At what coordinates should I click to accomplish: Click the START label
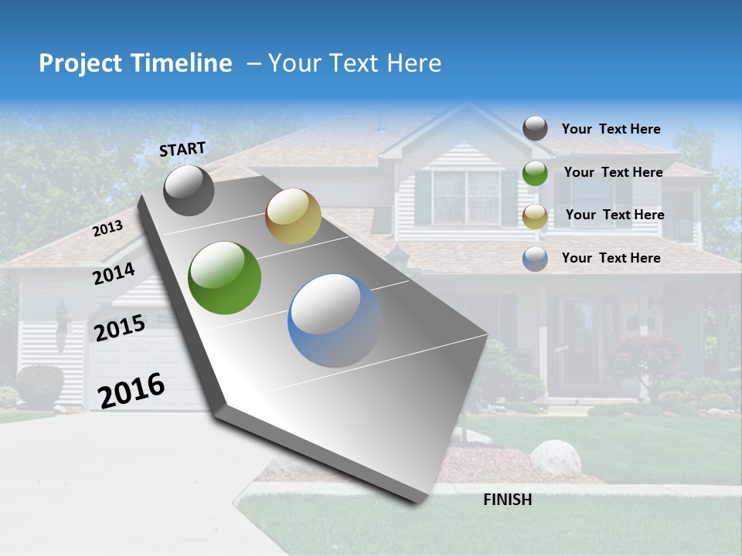pos(182,149)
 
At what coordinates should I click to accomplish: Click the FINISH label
pos(507,500)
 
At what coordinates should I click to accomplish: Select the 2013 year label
pos(107,229)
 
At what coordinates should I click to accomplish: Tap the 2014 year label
pos(114,273)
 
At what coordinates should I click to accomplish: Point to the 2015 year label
pos(119,329)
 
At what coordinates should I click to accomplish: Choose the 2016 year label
pos(131,391)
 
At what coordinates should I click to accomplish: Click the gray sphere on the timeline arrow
pos(189,191)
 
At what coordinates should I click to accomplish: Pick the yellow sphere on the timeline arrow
pos(293,216)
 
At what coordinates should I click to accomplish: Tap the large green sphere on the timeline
pos(225,278)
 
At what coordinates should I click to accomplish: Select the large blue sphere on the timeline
pos(334,320)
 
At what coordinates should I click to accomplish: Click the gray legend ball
pos(535,128)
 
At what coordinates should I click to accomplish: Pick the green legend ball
pos(535,173)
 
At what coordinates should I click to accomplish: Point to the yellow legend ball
pos(535,216)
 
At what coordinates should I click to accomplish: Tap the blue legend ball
pos(535,259)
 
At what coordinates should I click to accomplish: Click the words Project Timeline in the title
pos(135,63)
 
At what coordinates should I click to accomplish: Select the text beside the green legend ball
pos(613,172)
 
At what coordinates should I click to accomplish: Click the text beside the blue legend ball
pos(611,258)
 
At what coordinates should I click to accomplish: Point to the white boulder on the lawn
pos(555,457)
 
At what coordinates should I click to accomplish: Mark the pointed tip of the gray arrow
pos(421,500)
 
